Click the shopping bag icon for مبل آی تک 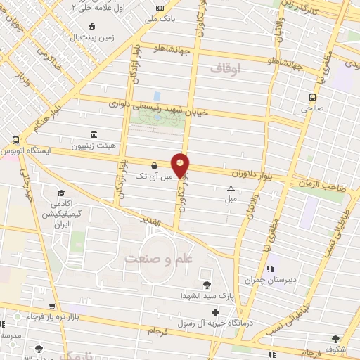[154, 166]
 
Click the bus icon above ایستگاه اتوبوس [15, 140]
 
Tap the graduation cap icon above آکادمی [61, 193]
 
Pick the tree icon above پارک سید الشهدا [207, 285]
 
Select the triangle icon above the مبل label [231, 188]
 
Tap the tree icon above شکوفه [345, 338]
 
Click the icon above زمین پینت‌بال [91, 26]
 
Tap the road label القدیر [161, 224]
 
